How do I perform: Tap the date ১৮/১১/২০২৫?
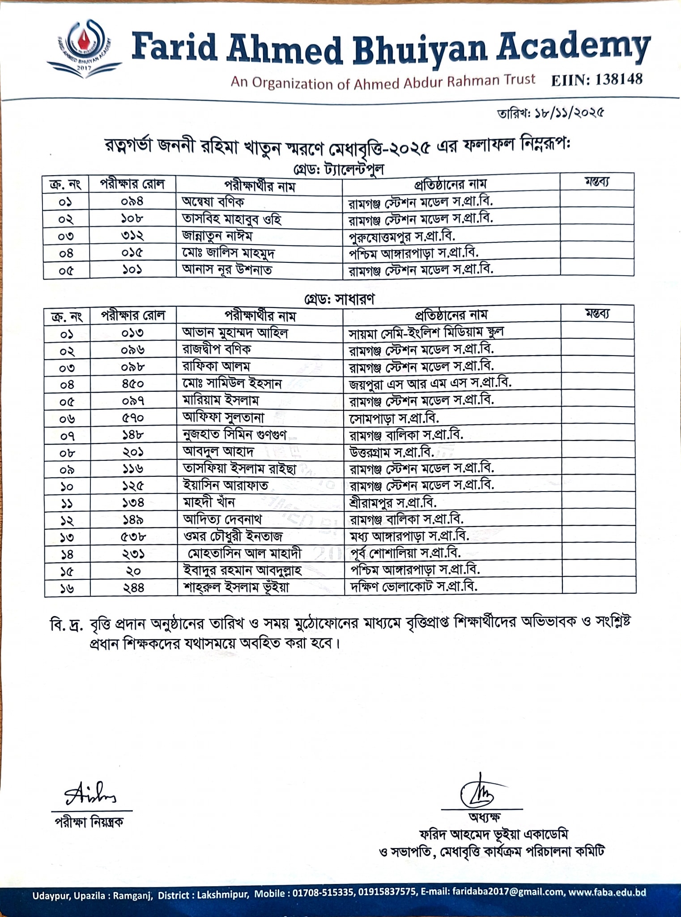(x=569, y=113)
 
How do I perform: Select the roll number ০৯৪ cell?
(x=132, y=201)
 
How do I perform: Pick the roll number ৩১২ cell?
(x=132, y=236)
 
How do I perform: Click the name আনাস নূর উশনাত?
(x=227, y=270)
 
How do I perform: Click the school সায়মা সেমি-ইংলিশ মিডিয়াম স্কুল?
(x=426, y=333)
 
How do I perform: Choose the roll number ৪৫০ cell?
(x=133, y=384)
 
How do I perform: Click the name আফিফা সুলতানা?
(x=223, y=418)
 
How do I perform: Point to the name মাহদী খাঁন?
(x=209, y=502)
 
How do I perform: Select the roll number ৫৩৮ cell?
(x=133, y=536)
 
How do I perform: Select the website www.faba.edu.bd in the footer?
(x=607, y=892)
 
